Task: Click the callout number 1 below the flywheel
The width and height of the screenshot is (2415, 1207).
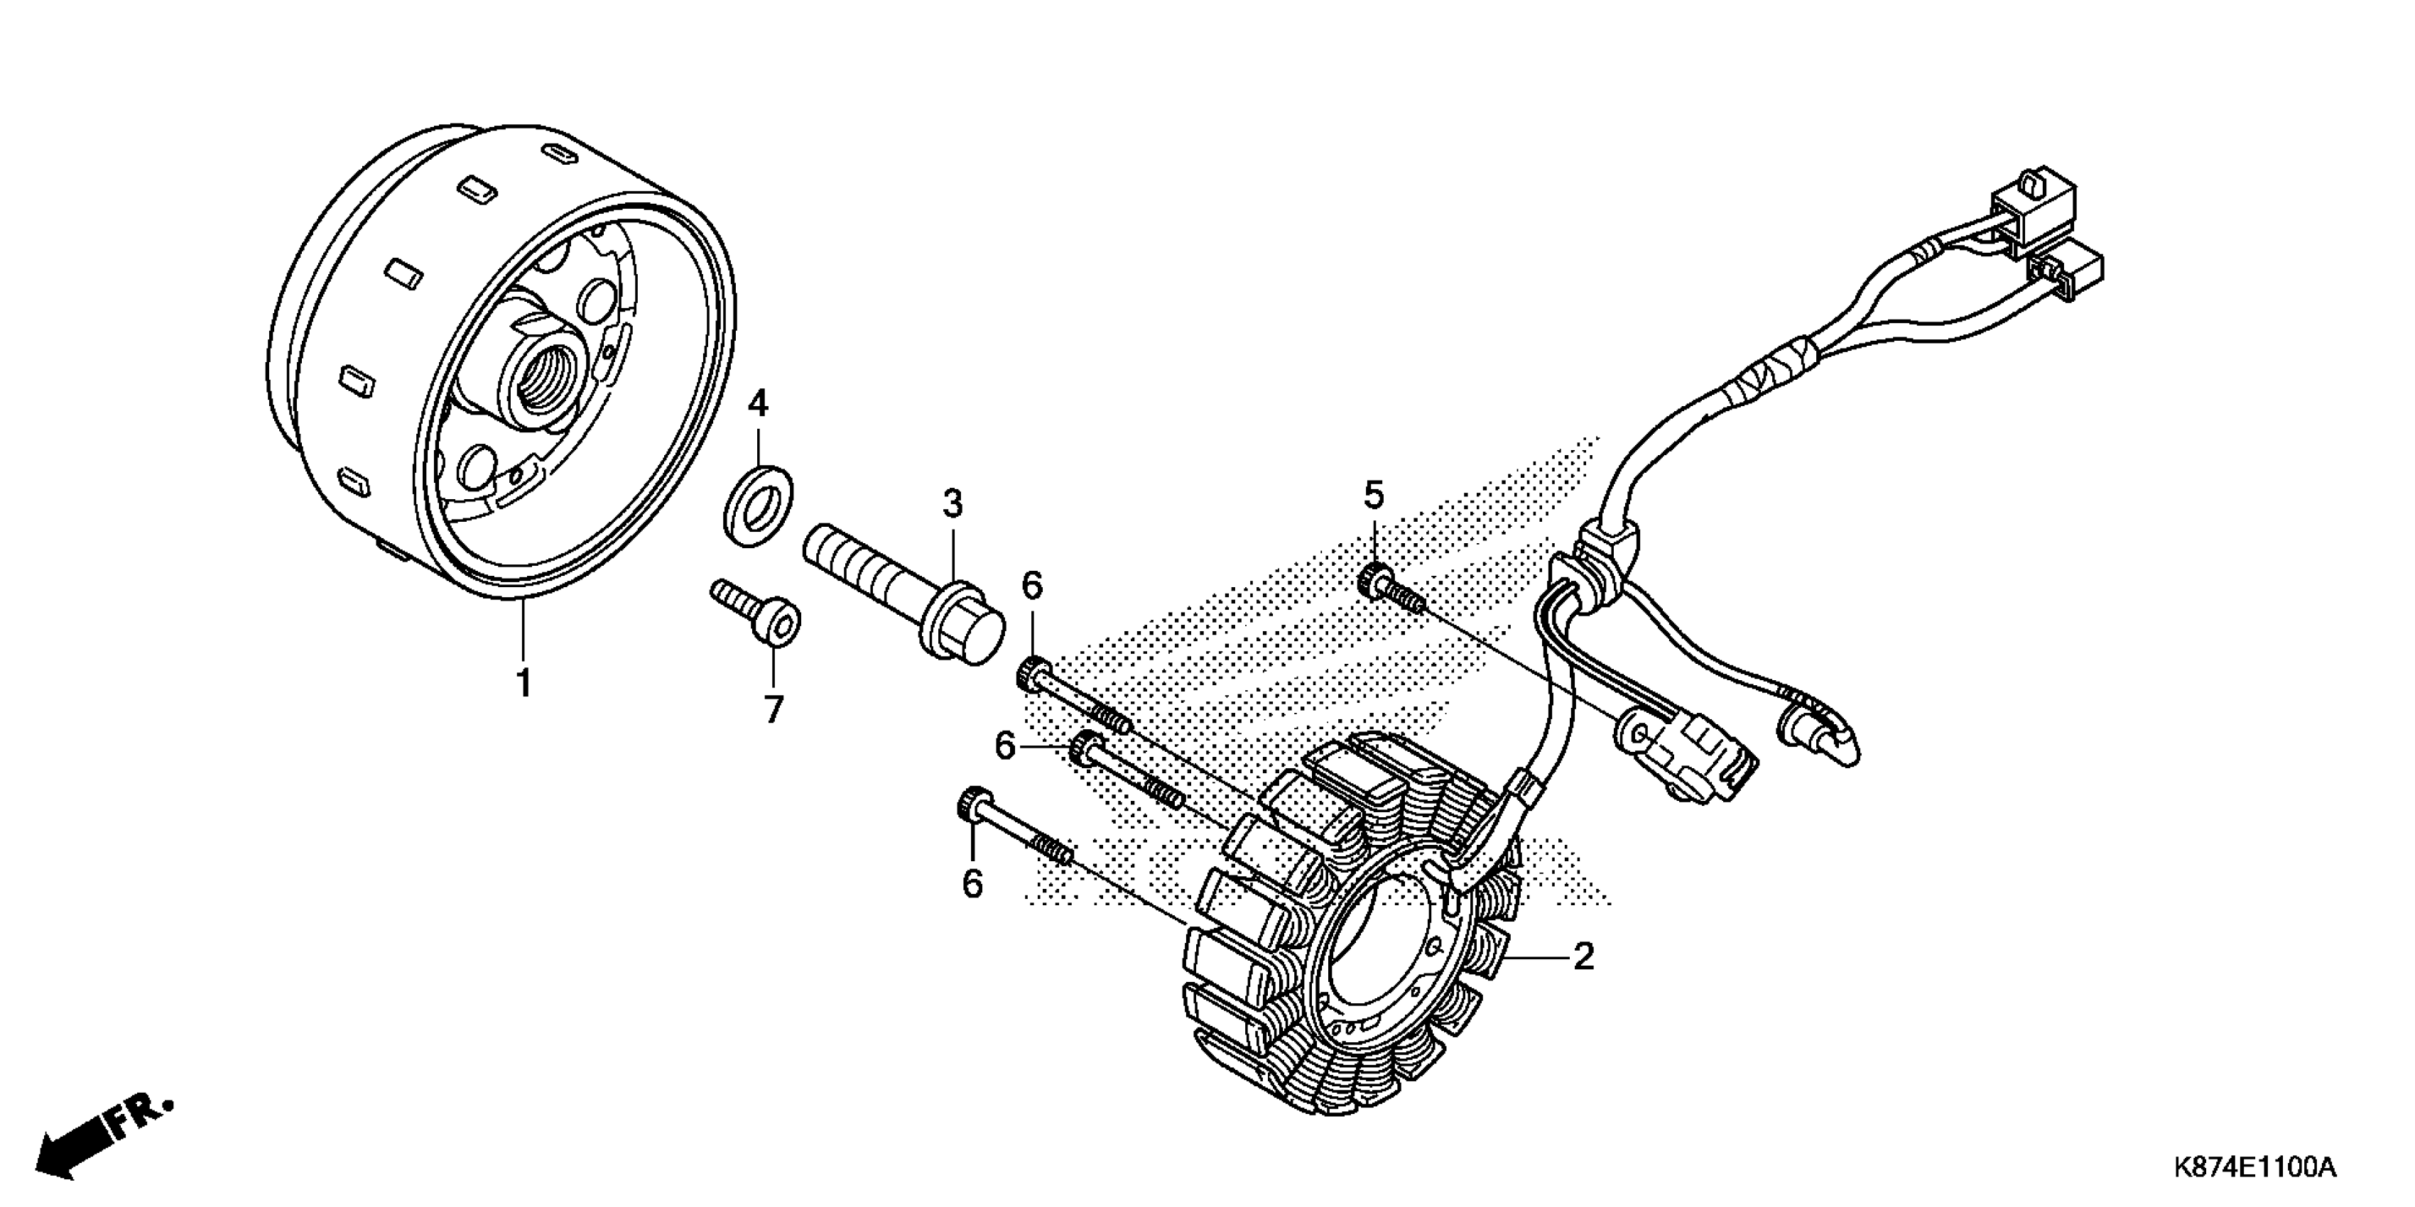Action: coord(524,682)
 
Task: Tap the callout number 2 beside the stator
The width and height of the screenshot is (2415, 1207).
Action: coord(1583,957)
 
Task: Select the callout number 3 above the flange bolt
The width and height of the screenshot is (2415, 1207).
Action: coord(953,504)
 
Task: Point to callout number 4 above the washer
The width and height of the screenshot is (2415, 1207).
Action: coord(757,404)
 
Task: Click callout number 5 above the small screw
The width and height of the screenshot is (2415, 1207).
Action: coord(1374,494)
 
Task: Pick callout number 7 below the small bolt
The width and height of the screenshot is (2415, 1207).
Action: coord(774,709)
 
